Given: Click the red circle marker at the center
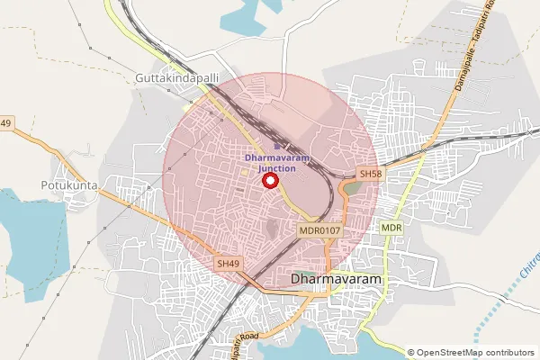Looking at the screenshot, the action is click(269, 180).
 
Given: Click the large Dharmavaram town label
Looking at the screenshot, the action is click(337, 280).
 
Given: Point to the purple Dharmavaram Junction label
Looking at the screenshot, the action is click(276, 163).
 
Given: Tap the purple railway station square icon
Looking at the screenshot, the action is click(276, 145).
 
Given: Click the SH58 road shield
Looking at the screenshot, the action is click(370, 173).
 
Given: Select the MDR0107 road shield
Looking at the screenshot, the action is click(319, 231).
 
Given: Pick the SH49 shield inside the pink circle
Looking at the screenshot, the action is click(228, 264).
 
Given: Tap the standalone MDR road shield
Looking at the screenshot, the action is click(391, 229).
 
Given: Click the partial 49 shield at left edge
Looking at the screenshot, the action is click(5, 123).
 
